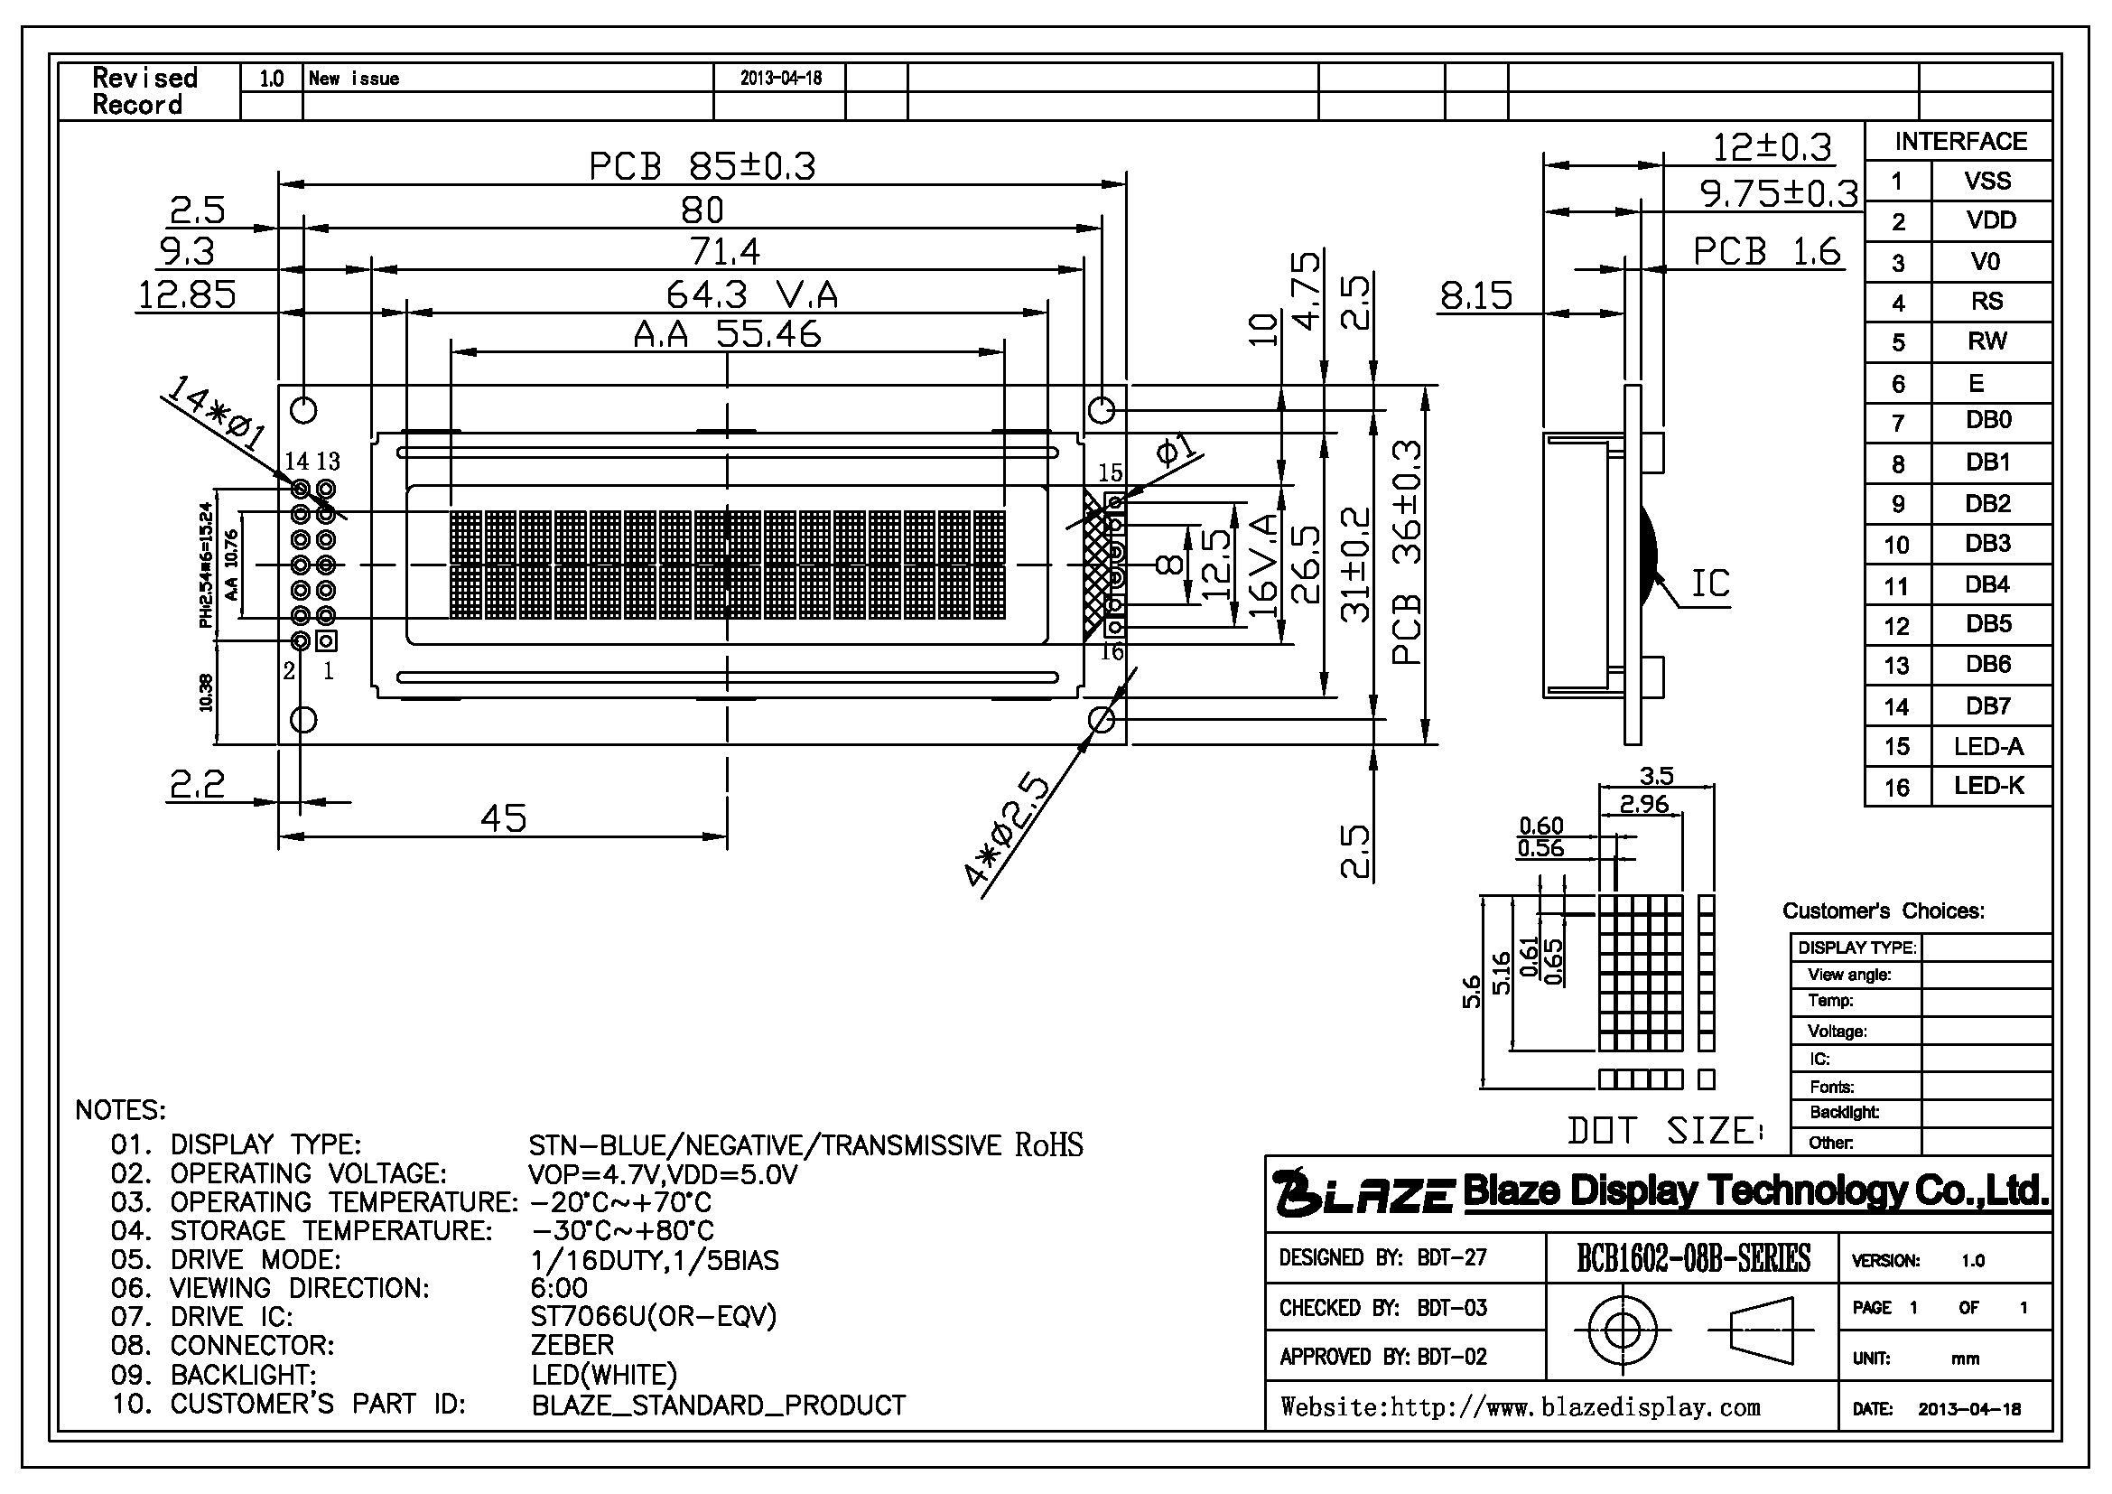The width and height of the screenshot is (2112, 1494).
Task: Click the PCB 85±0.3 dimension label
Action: pyautogui.click(x=702, y=166)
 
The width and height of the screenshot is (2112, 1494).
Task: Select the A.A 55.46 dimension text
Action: pyautogui.click(x=727, y=334)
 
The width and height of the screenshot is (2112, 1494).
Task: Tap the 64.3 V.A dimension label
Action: pyautogui.click(x=752, y=294)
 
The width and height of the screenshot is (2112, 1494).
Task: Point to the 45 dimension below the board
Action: pyautogui.click(x=503, y=817)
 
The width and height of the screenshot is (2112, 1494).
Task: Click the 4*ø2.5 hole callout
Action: pyautogui.click(x=1008, y=832)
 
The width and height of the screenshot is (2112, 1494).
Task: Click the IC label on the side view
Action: pyautogui.click(x=1710, y=584)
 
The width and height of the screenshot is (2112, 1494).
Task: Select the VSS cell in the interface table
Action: pyautogui.click(x=1987, y=181)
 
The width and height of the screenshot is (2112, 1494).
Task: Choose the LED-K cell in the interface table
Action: pyautogui.click(x=1988, y=786)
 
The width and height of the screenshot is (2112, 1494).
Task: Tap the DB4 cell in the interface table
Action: pyautogui.click(x=1987, y=584)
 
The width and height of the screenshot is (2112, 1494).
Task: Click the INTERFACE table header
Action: pyautogui.click(x=1960, y=141)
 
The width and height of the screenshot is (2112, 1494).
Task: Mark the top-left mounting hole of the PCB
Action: pyautogui.click(x=303, y=409)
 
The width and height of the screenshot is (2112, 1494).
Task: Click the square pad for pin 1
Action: pyautogui.click(x=327, y=640)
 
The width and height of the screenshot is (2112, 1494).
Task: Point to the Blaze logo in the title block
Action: pyautogui.click(x=1363, y=1192)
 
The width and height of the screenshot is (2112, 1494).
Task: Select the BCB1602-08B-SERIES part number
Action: pyautogui.click(x=1693, y=1258)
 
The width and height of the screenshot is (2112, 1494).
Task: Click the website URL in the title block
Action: pyautogui.click(x=1520, y=1407)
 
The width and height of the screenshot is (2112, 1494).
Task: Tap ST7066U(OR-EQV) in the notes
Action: pyautogui.click(x=653, y=1316)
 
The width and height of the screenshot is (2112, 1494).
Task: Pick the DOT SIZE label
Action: pyautogui.click(x=1665, y=1131)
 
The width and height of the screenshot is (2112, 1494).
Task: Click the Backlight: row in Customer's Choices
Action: pyautogui.click(x=1844, y=1112)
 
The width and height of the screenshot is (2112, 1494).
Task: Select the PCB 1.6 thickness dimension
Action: pyautogui.click(x=1766, y=251)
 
